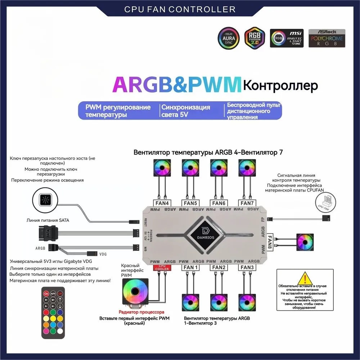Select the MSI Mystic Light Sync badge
click(287, 38)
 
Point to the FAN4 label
click(161, 203)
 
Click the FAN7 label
click(247, 203)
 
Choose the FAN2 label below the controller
click(219, 267)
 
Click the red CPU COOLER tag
click(162, 267)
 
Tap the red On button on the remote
click(46, 293)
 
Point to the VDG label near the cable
click(103, 253)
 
